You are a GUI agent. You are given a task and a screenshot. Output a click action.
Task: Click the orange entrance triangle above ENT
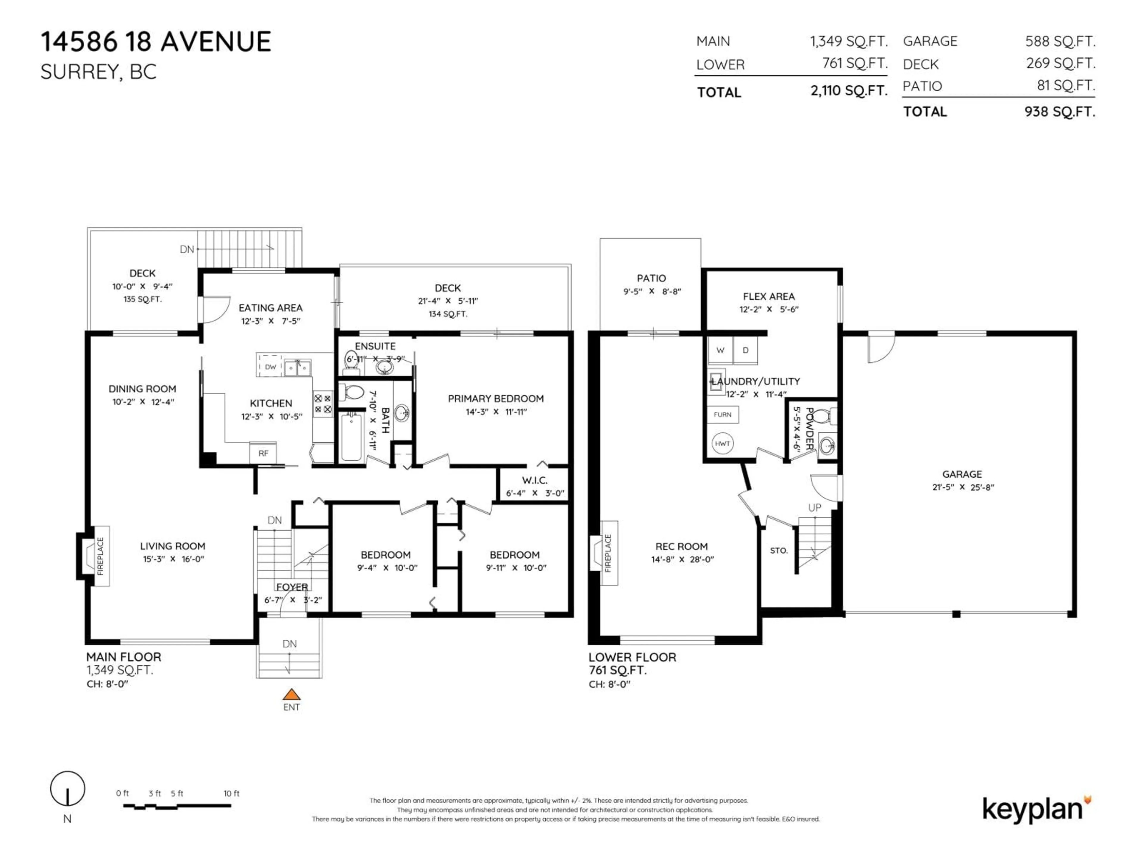[291, 694]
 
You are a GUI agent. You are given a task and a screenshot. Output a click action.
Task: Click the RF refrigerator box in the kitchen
[263, 453]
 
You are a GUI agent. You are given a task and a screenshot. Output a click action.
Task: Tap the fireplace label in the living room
[100, 556]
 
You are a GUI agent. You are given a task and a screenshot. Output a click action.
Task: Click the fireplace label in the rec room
[608, 553]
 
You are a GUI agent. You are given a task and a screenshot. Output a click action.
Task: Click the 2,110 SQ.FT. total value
[848, 91]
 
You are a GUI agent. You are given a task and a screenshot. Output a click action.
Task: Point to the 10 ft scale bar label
[231, 793]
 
